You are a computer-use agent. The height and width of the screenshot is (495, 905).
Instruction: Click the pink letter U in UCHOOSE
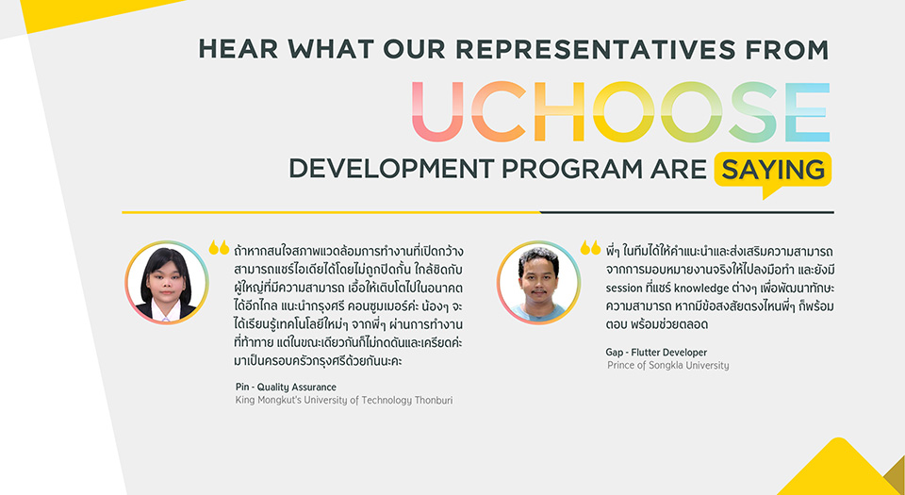(437, 111)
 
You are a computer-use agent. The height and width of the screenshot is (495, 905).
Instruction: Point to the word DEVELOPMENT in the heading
(391, 169)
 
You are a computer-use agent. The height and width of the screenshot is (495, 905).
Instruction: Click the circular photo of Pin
(167, 282)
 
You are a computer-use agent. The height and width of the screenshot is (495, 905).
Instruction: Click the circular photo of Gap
(538, 282)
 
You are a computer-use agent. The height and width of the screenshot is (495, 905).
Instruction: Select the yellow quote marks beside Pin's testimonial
(219, 247)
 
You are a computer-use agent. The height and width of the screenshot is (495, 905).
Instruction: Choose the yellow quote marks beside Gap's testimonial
(590, 247)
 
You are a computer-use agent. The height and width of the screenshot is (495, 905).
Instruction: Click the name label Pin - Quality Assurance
(286, 388)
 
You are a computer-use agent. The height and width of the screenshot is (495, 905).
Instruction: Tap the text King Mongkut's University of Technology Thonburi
(344, 400)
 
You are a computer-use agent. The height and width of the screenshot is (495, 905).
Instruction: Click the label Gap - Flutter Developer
(656, 352)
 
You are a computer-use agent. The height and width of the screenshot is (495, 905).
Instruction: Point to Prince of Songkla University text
(667, 365)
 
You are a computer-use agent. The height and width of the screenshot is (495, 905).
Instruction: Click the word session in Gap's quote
(624, 288)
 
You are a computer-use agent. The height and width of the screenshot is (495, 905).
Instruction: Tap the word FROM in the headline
(786, 49)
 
